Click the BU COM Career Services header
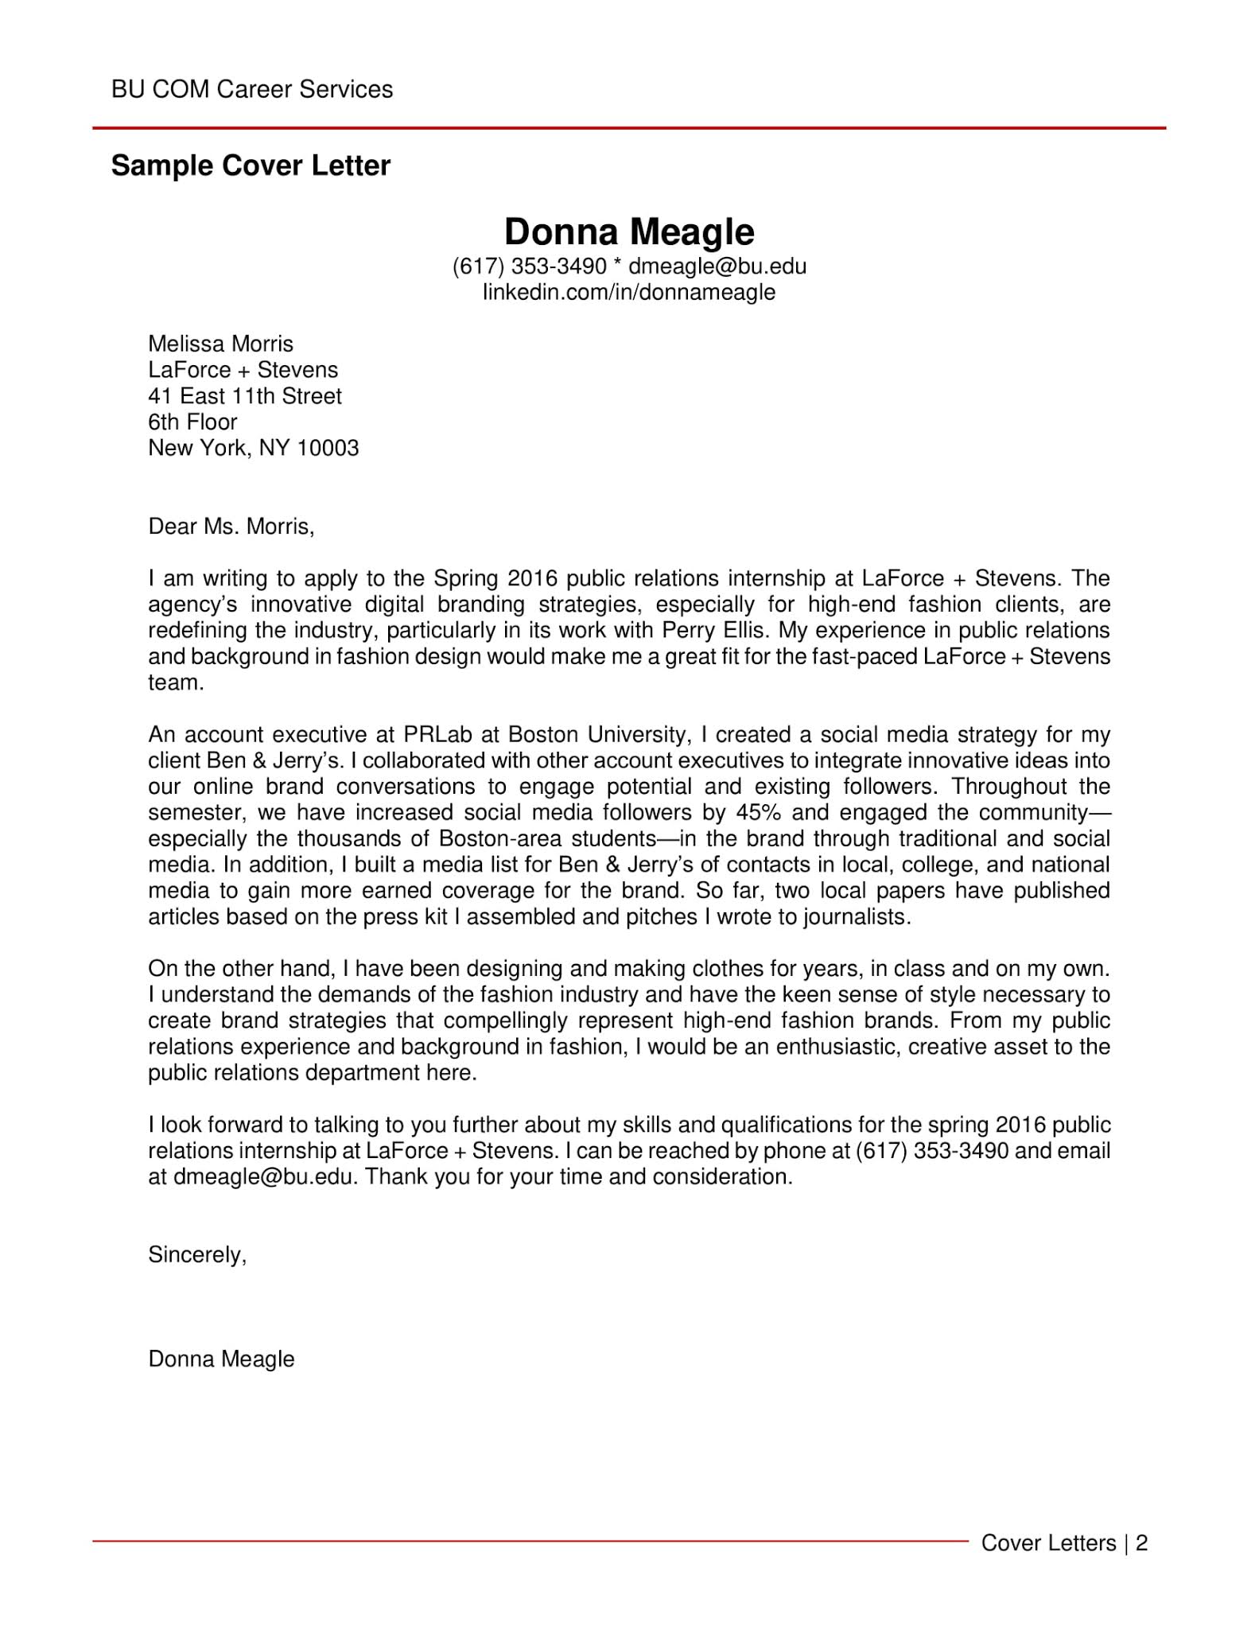(x=252, y=89)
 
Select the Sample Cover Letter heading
(x=251, y=165)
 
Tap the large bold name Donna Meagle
(x=629, y=232)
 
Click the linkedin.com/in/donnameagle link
(x=629, y=292)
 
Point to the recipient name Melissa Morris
(x=220, y=344)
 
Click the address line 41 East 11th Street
(x=245, y=396)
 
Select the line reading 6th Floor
(x=192, y=422)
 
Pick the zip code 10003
(x=328, y=448)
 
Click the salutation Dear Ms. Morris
(x=231, y=526)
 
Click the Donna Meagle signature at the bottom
(x=221, y=1359)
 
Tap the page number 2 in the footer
(x=1142, y=1543)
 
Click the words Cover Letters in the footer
(x=1048, y=1543)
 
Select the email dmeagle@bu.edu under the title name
(x=717, y=266)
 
